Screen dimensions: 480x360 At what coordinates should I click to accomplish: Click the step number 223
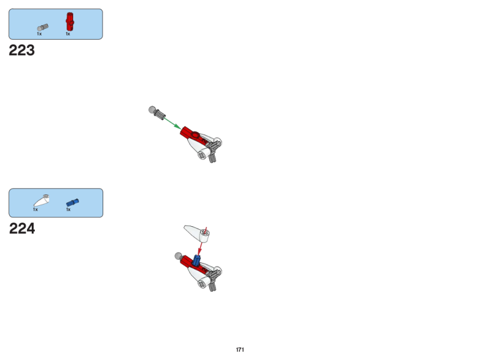22,50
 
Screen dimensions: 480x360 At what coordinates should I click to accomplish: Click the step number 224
22,229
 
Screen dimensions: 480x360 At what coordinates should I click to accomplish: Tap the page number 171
240,350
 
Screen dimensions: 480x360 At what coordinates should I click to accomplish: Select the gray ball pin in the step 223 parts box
43,28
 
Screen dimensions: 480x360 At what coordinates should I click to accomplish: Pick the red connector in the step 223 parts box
70,22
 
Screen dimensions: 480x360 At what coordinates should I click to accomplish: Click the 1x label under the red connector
68,34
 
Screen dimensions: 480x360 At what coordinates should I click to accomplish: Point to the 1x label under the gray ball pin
39,34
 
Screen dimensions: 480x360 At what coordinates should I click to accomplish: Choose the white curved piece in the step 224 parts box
41,200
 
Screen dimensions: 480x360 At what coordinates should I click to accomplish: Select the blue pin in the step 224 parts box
73,203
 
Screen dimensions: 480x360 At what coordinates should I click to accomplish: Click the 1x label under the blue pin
68,209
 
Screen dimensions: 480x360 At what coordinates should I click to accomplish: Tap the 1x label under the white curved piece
35,209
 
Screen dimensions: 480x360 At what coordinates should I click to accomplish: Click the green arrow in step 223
172,124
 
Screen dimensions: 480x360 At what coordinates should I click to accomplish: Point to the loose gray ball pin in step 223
157,113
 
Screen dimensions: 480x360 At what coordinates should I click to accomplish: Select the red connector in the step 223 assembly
191,134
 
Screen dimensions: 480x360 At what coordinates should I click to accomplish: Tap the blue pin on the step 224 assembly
197,260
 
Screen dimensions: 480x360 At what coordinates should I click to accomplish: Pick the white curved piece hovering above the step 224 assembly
197,233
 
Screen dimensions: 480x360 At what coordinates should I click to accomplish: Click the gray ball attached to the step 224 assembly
178,256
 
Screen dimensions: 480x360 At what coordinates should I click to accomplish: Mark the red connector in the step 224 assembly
190,263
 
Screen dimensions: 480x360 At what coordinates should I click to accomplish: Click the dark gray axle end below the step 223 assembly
212,158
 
